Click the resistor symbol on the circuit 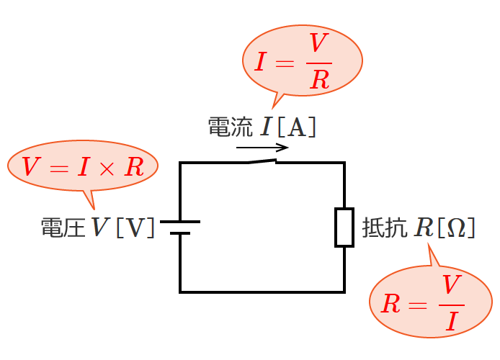point(344,228)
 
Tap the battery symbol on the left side point(180,228)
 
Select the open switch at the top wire point(263,161)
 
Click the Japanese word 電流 point(230,127)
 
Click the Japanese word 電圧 point(63,228)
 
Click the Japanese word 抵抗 point(383,228)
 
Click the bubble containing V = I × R point(83,167)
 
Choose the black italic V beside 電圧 point(99,228)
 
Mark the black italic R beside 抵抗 point(422,228)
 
